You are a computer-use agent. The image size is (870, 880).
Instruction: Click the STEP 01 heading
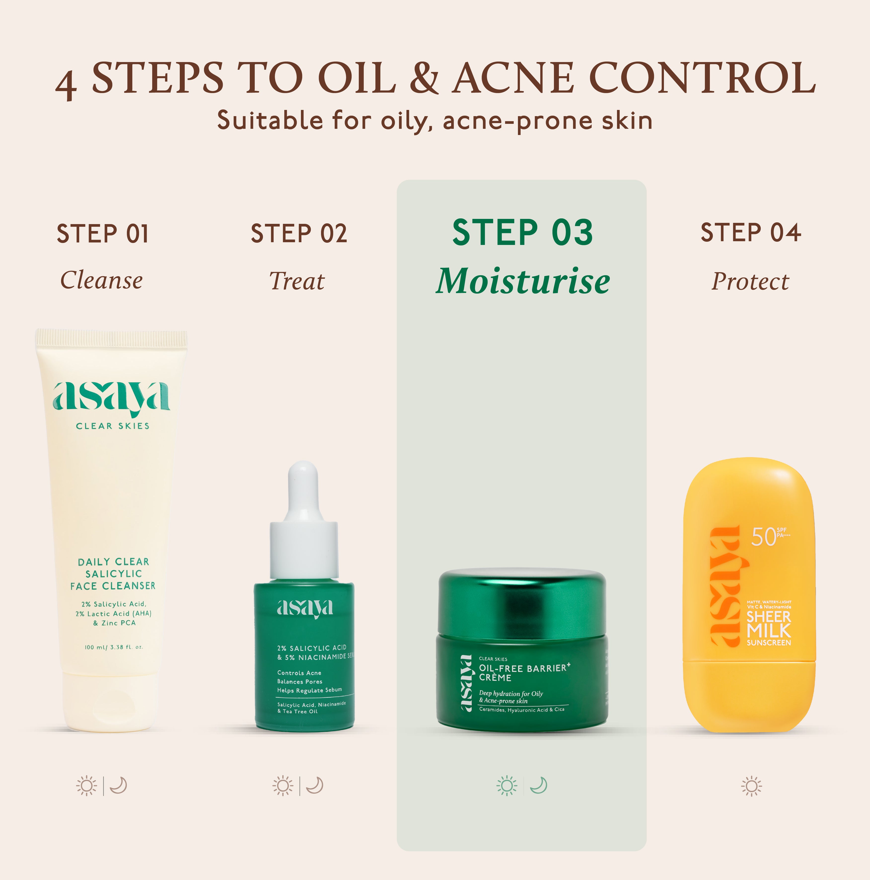pyautogui.click(x=103, y=234)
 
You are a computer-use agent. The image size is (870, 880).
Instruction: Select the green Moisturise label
pyautogui.click(x=523, y=281)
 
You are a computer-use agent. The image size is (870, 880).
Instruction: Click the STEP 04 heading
pyautogui.click(x=751, y=233)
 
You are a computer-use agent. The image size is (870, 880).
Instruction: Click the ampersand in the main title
pyautogui.click(x=423, y=78)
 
